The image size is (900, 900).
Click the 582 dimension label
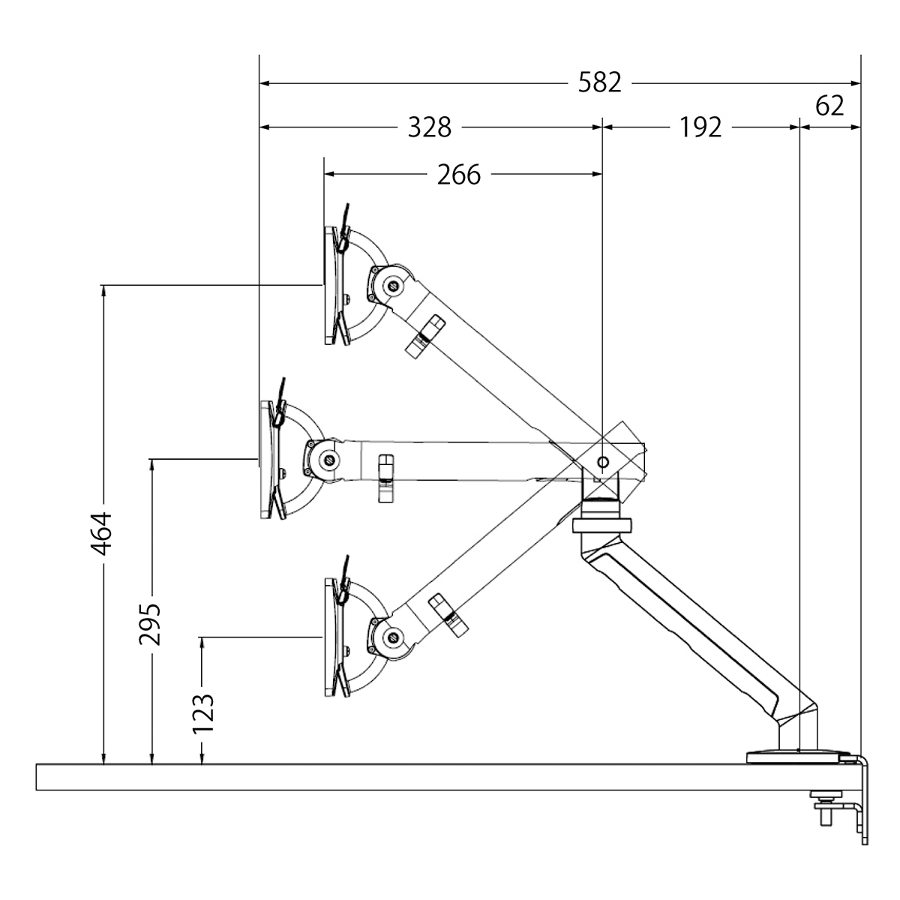tap(600, 82)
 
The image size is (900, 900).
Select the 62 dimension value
tap(829, 106)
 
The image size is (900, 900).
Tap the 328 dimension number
tap(430, 127)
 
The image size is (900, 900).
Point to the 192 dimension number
tap(700, 127)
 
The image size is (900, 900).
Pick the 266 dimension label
tap(458, 175)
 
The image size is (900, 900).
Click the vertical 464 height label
tap(102, 533)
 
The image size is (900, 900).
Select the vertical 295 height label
tap(150, 622)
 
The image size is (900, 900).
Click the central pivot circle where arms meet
tap(604, 460)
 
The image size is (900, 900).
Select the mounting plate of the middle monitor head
tap(267, 460)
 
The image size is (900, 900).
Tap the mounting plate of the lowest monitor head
tap(331, 637)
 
